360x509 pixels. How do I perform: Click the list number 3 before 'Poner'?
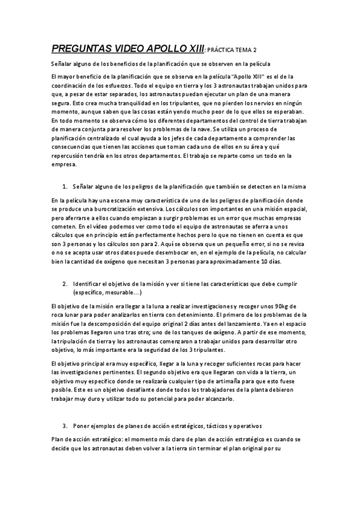click(64, 425)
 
